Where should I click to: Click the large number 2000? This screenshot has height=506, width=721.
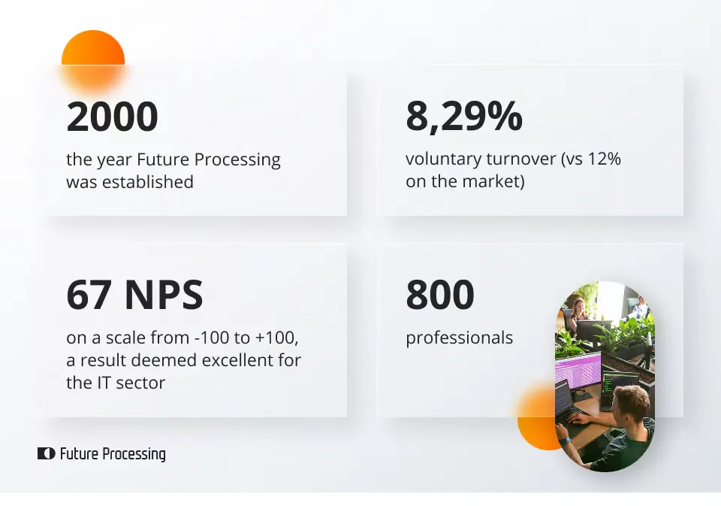pyautogui.click(x=112, y=117)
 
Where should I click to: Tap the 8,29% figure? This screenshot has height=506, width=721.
pyautogui.click(x=464, y=117)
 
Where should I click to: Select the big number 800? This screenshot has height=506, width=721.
pyautogui.click(x=440, y=294)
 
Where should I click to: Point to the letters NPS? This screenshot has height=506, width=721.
pyautogui.click(x=164, y=295)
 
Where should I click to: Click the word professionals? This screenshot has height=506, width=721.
pyautogui.click(x=459, y=338)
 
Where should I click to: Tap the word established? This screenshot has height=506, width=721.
pyautogui.click(x=148, y=182)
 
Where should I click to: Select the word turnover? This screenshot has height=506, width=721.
pyautogui.click(x=521, y=159)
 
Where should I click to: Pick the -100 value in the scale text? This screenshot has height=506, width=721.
pyautogui.click(x=212, y=338)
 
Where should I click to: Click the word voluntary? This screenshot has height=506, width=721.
pyautogui.click(x=443, y=159)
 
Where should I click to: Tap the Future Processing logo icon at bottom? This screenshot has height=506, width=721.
pyautogui.click(x=46, y=453)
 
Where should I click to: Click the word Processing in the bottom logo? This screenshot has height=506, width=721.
pyautogui.click(x=134, y=454)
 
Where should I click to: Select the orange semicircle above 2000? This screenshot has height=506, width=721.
pyautogui.click(x=93, y=48)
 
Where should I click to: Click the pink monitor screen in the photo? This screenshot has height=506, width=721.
pyautogui.click(x=578, y=369)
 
